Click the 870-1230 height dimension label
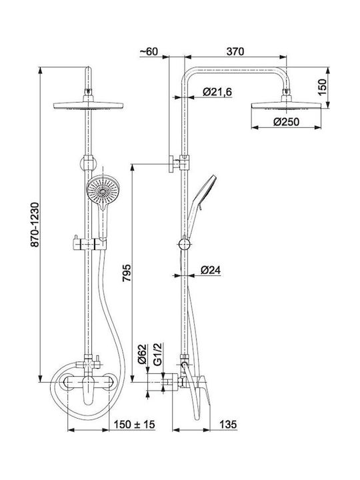point(35,224)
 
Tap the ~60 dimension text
point(149,52)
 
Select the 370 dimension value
point(235,52)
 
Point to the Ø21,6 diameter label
point(217,92)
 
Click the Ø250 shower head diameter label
point(286,122)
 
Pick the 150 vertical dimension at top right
point(322,87)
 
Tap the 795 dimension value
point(127,273)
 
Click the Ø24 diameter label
point(211,270)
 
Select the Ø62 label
point(142,354)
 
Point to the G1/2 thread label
point(157,354)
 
